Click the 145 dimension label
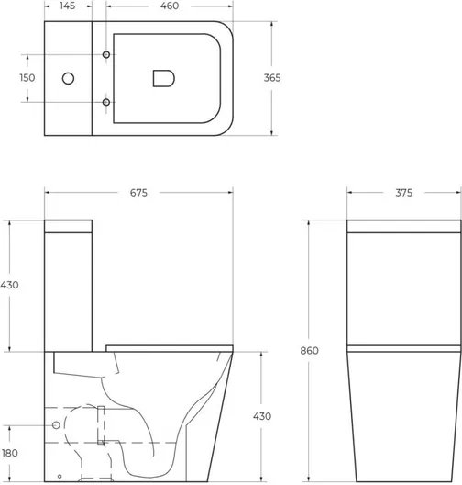(68, 6)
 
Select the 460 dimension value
(170, 6)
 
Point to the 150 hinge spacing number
(27, 78)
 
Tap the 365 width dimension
(272, 78)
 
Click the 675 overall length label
(138, 193)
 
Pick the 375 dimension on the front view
(403, 193)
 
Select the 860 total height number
(309, 351)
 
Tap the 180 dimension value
(10, 453)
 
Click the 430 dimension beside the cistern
(9, 285)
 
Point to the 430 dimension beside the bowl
(262, 416)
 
